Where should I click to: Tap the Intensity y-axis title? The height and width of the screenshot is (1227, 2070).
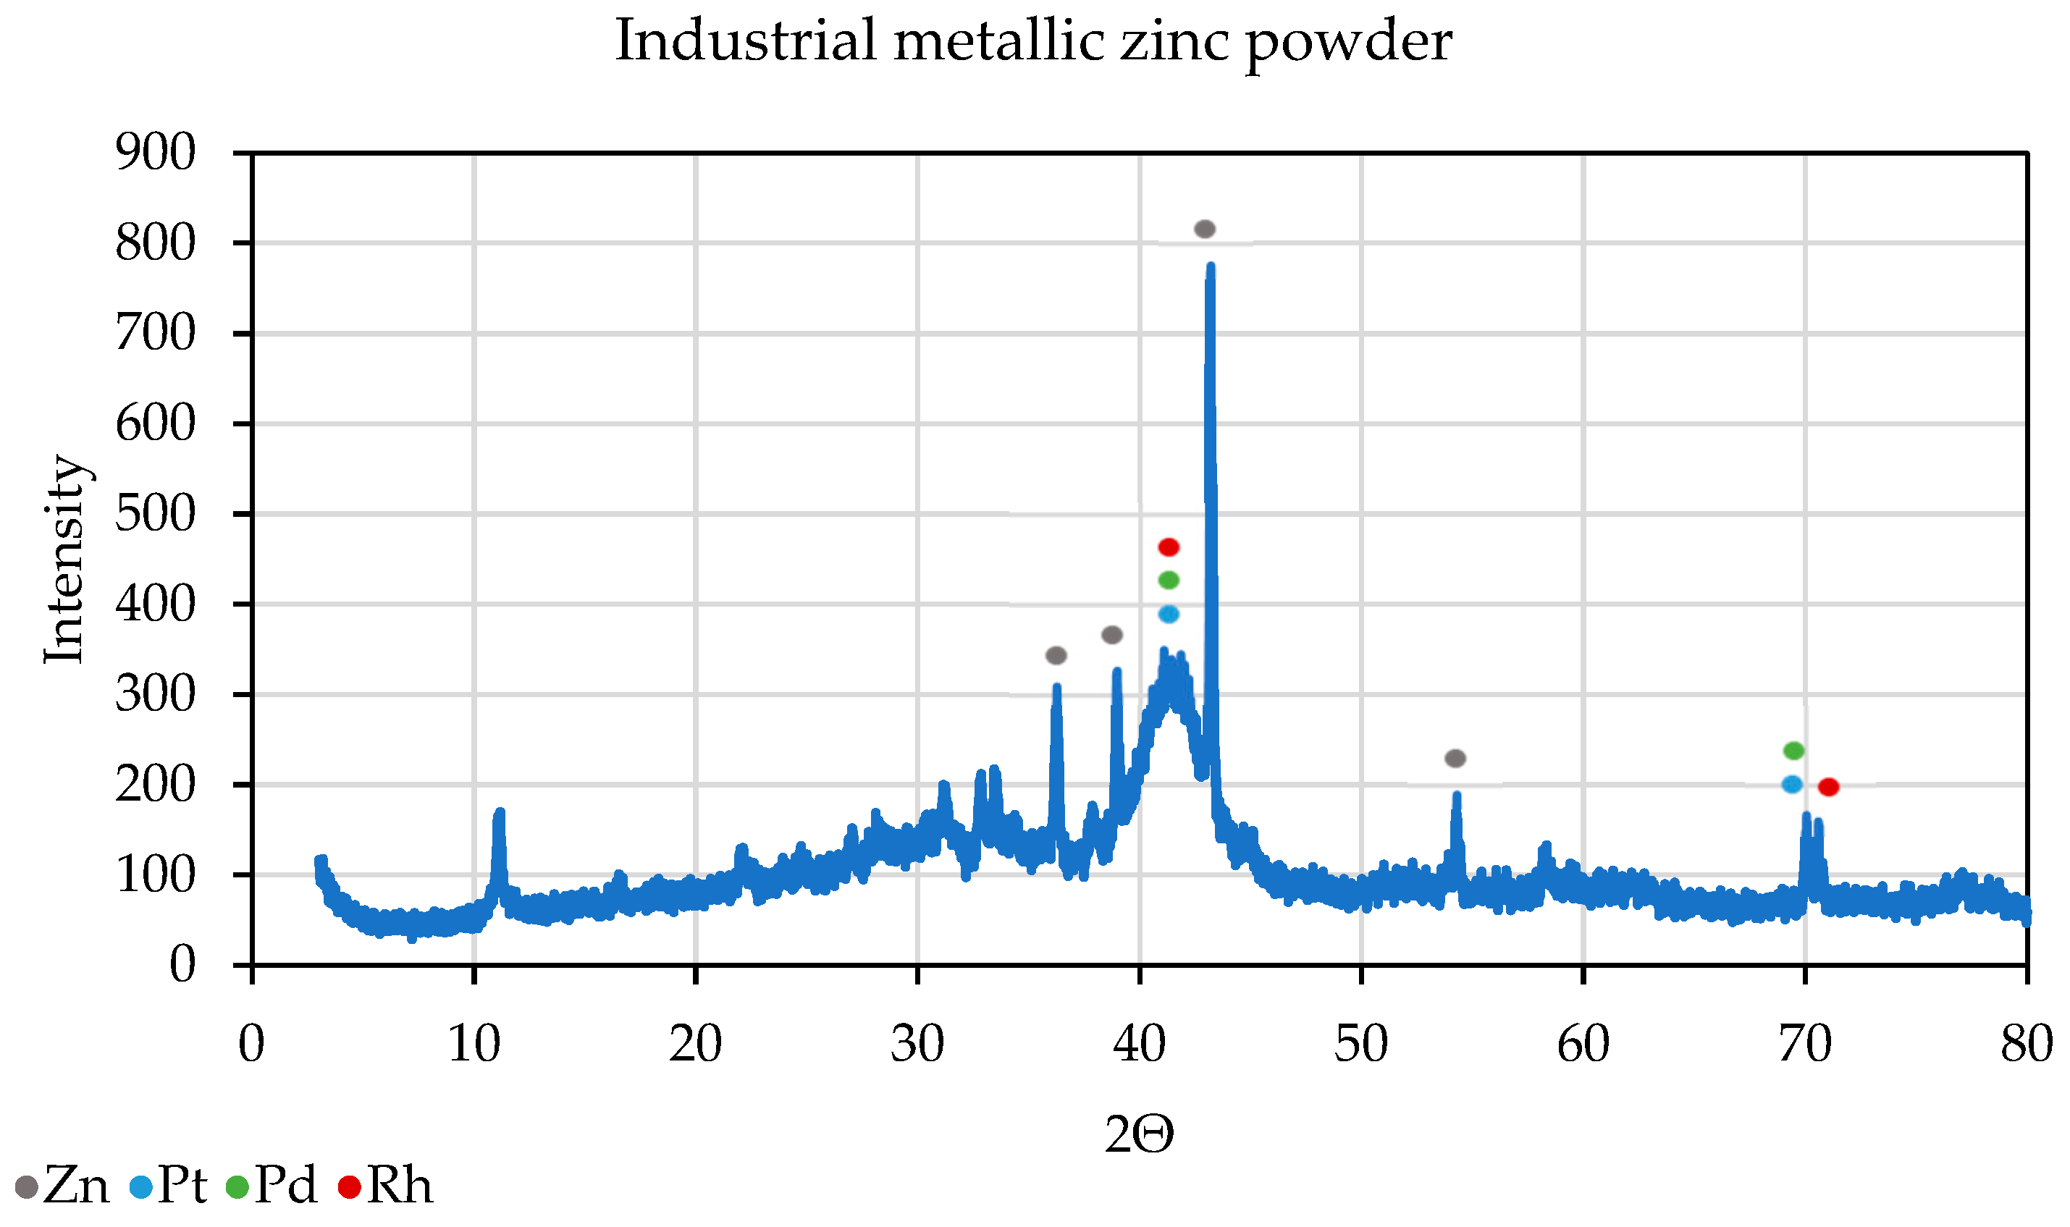[x=64, y=560]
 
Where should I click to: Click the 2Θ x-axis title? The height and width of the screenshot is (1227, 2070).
[x=1139, y=1134]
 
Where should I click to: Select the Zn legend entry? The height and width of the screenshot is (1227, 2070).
[x=63, y=1187]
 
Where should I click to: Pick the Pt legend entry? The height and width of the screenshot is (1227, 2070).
[x=169, y=1187]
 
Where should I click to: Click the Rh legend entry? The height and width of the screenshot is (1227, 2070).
[x=385, y=1187]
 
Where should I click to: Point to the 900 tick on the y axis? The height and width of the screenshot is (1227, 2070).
[x=156, y=152]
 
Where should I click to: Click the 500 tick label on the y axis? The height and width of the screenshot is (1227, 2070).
[x=156, y=513]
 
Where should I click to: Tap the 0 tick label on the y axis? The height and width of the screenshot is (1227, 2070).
[x=182, y=965]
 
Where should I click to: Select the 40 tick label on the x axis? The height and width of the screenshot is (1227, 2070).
[x=1139, y=1045]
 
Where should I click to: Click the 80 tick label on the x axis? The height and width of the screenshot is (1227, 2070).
[x=2026, y=1045]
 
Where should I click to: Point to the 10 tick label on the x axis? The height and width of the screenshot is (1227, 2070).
[x=474, y=1045]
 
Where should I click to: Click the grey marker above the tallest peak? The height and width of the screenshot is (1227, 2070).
[x=1205, y=229]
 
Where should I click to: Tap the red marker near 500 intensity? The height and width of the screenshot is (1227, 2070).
[x=1169, y=547]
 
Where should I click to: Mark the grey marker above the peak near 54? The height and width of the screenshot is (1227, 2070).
[x=1455, y=758]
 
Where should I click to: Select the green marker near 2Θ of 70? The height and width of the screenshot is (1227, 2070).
[x=1793, y=751]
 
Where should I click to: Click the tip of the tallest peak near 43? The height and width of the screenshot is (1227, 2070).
[x=1211, y=267]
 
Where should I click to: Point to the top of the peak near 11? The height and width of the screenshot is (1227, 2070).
[x=499, y=813]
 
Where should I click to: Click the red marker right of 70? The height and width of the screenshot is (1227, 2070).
[x=1828, y=787]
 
